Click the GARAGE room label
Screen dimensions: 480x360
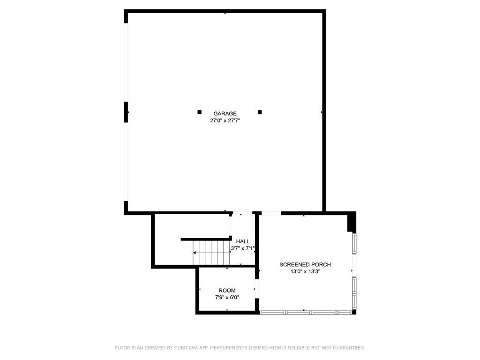coord(225,113)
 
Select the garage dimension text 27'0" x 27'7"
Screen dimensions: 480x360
coord(225,120)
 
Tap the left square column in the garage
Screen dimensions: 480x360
coord(200,112)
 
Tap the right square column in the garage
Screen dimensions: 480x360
coord(260,112)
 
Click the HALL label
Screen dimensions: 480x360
coord(243,241)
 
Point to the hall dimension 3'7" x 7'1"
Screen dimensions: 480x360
coord(243,248)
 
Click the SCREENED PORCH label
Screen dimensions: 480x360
coord(305,264)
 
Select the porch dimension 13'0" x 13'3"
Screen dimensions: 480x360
coord(305,271)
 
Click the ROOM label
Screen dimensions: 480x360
coord(227,291)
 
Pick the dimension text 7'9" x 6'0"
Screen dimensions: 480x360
coord(227,297)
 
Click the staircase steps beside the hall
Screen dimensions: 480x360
coord(211,253)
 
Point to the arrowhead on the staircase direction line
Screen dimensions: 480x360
coord(194,253)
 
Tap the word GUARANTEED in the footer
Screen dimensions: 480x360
coord(349,348)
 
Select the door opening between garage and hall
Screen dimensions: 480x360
coord(242,213)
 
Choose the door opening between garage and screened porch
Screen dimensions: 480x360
coord(271,213)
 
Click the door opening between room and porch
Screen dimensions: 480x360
coord(257,289)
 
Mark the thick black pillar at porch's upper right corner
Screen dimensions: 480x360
coord(352,222)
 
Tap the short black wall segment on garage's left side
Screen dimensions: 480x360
coord(126,112)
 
